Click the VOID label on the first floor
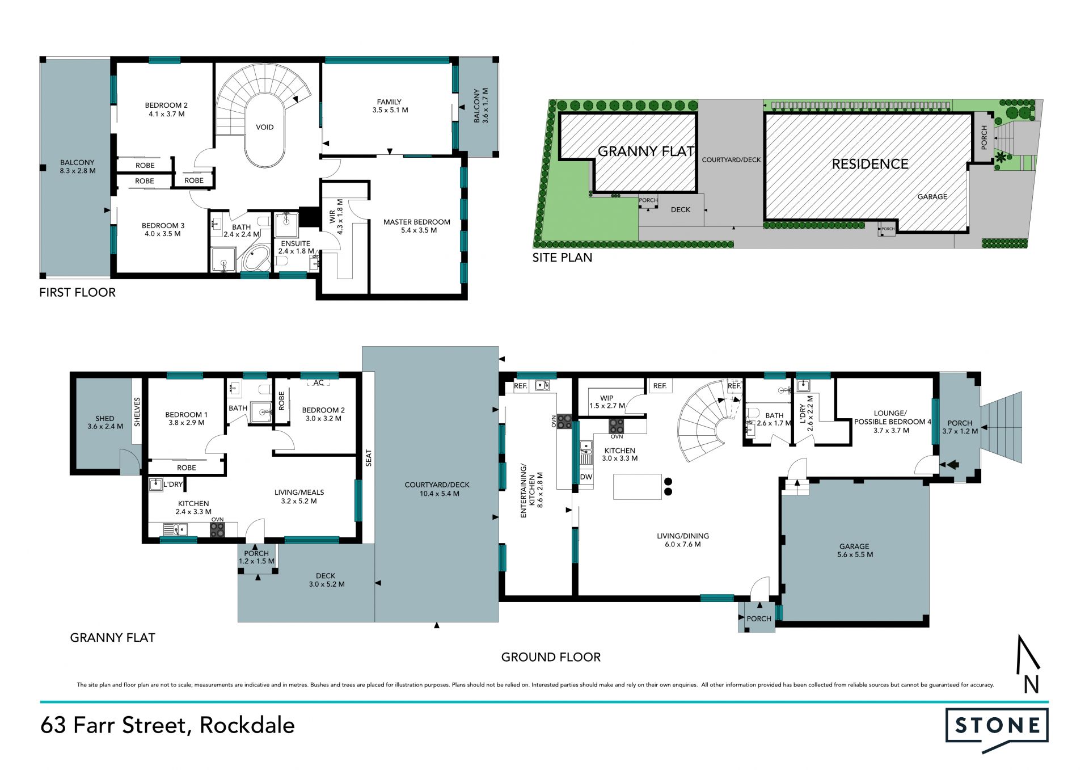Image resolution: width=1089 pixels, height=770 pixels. coord(265,127)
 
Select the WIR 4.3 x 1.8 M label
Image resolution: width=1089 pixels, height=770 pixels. coord(336,217)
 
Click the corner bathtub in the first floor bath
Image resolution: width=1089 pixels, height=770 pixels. coord(256,258)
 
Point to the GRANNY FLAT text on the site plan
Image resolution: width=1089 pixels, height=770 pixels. coord(646,152)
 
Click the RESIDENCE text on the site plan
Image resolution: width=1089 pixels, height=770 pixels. coord(870,164)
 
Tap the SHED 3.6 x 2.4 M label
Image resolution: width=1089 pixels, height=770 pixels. coord(105,422)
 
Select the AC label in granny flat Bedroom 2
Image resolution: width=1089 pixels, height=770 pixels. coord(319,382)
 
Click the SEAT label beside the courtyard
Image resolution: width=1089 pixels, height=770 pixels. coord(369,458)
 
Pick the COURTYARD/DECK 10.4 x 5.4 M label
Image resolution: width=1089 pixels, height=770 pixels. coord(437,489)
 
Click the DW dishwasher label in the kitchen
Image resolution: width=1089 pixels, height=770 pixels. coord(586,477)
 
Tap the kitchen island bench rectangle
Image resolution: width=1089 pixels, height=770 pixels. coord(638,487)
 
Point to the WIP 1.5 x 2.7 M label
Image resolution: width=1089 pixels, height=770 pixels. coord(607,402)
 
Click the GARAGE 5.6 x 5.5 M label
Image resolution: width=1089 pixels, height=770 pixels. coord(855,550)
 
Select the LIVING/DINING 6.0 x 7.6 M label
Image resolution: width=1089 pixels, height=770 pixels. coord(683,540)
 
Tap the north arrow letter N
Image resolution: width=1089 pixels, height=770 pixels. coord(1031,684)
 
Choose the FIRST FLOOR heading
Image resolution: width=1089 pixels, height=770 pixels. coord(77,292)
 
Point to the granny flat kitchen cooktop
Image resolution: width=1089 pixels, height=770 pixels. coord(217,530)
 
